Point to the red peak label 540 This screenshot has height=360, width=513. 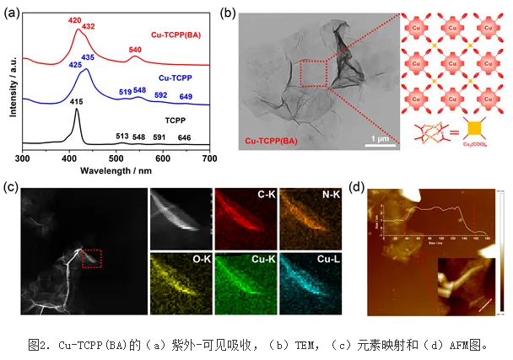135,50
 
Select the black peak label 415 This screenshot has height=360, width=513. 77,102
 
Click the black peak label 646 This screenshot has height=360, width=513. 184,137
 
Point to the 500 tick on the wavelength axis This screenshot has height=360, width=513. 116,159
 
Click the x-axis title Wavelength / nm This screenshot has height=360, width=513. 117,169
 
